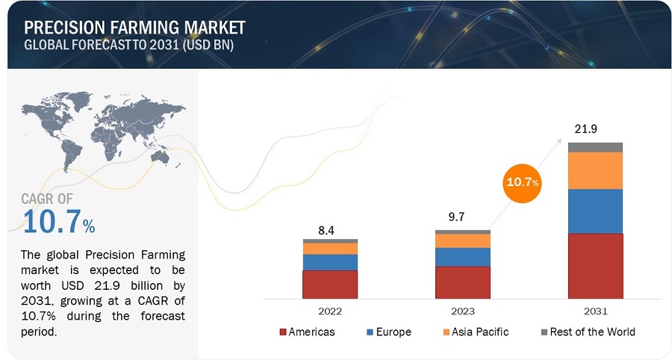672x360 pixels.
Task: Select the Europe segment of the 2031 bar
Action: pos(595,211)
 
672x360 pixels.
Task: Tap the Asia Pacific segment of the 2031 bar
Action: pos(595,170)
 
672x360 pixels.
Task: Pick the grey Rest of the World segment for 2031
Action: pos(595,147)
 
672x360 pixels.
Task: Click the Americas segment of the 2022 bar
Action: pos(329,285)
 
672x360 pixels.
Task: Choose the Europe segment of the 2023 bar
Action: pos(462,257)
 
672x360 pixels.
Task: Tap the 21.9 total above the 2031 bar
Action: pos(585,129)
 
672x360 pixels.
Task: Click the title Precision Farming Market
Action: pos(134,28)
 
